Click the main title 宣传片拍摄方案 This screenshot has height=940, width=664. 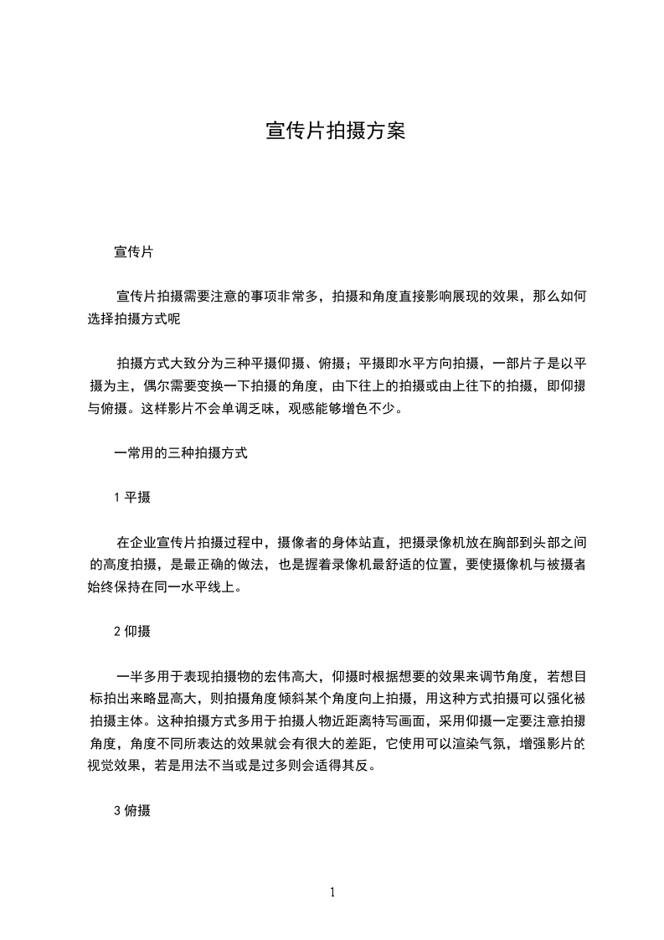[x=335, y=131]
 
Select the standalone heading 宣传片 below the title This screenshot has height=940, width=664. [x=132, y=251]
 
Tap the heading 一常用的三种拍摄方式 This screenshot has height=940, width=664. [x=180, y=453]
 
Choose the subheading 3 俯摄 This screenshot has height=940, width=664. [x=132, y=810]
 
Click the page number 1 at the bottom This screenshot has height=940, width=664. [x=332, y=892]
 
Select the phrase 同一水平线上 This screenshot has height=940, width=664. [x=206, y=587]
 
